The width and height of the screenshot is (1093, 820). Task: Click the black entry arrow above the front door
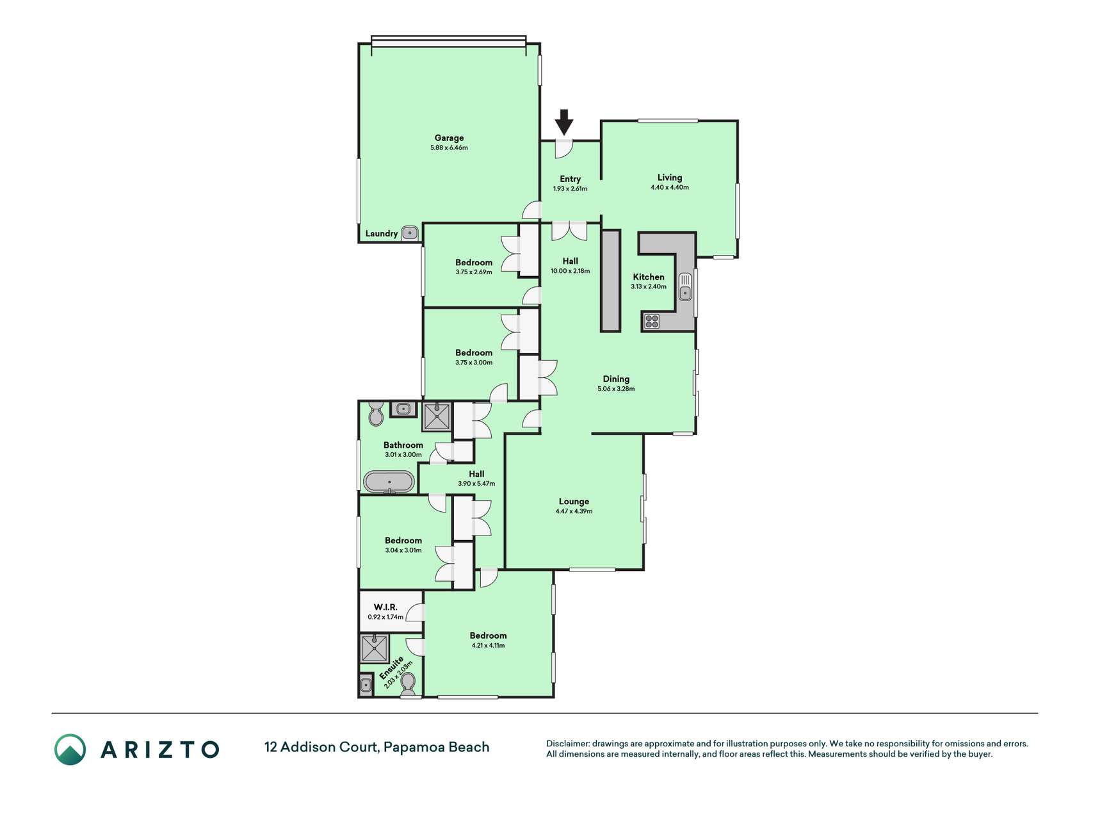563,122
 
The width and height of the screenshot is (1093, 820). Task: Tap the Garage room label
449,138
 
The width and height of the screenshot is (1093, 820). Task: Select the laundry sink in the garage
410,233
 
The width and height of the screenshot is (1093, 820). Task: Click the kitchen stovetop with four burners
652,321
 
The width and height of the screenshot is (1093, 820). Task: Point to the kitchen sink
685,286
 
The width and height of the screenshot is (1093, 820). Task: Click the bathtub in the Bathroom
389,482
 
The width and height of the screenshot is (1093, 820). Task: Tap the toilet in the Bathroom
376,414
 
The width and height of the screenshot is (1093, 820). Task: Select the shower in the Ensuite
375,648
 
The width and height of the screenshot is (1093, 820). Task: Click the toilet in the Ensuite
408,684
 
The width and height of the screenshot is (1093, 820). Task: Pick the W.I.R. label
385,607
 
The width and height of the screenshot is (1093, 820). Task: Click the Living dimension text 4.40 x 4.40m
670,188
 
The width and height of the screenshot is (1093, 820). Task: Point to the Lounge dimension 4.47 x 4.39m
574,511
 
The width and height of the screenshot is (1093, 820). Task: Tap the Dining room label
616,379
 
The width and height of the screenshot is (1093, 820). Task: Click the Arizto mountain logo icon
70,750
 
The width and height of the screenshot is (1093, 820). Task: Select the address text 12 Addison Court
321,747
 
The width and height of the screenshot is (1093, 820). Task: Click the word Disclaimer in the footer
567,744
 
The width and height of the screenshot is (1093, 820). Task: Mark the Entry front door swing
563,149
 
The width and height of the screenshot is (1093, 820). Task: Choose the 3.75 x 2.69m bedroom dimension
474,272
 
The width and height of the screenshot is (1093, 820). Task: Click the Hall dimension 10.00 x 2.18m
570,271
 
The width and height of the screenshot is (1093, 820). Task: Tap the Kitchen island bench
610,281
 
